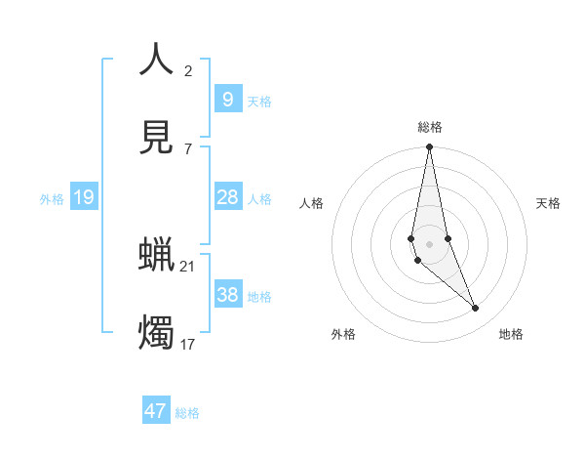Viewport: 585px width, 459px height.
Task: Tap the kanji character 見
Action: point(156,138)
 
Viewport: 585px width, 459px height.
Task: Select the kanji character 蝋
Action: point(156,256)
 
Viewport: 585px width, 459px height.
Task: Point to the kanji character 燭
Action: point(156,333)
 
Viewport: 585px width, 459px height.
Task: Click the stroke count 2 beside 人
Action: point(188,70)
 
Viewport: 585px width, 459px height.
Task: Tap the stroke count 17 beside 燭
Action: point(188,344)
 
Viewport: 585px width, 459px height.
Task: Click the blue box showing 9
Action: point(227,99)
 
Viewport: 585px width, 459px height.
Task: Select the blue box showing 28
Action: point(227,197)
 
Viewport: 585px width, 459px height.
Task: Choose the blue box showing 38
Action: point(227,295)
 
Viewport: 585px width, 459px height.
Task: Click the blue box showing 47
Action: point(156,411)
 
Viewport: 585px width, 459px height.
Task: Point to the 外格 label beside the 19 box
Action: point(52,199)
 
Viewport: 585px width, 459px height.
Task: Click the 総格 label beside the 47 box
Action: point(187,413)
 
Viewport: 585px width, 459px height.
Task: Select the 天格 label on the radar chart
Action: point(549,203)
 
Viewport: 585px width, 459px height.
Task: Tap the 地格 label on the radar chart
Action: point(511,334)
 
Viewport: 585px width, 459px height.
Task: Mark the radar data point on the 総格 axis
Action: point(429,147)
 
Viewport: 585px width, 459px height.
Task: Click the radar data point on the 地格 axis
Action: point(476,309)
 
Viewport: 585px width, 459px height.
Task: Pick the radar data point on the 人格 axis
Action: point(411,238)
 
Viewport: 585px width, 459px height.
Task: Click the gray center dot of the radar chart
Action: point(429,243)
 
